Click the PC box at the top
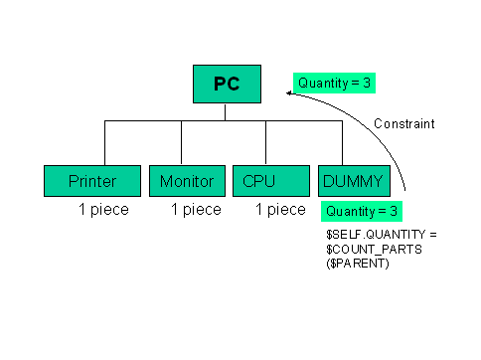click(x=226, y=84)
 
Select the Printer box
click(x=92, y=181)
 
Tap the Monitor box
click(x=187, y=181)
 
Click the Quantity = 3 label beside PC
click(x=334, y=84)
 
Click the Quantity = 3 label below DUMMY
click(x=361, y=211)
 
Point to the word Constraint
click(x=404, y=124)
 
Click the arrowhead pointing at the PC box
click(x=286, y=93)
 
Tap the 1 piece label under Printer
click(x=104, y=210)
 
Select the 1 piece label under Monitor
click(x=196, y=210)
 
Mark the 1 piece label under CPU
click(x=280, y=210)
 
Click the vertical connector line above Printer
click(x=105, y=143)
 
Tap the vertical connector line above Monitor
click(x=181, y=143)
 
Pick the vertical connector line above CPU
click(x=264, y=143)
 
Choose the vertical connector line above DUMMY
click(x=343, y=143)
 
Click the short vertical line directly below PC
click(x=226, y=111)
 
